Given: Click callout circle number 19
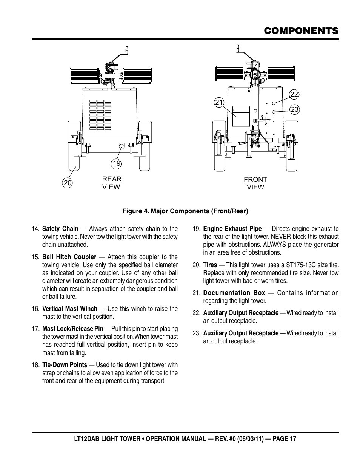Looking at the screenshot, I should [x=116, y=163].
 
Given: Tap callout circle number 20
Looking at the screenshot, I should [x=68, y=183].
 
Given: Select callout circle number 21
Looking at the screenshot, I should [x=219, y=102].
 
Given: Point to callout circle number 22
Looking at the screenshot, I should [x=294, y=94].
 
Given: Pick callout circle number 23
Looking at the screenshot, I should [x=294, y=109].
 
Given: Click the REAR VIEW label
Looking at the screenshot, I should [x=112, y=183].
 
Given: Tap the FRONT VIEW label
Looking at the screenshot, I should [x=255, y=183].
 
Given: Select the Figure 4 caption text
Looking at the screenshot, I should [x=185, y=211].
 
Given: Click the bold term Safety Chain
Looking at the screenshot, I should [x=60, y=229].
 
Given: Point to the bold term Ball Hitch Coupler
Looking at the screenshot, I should [x=69, y=257].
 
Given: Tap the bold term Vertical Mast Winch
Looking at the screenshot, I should [x=70, y=309].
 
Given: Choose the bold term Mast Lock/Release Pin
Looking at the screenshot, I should [x=72, y=329].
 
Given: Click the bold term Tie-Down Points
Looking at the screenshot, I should [x=65, y=365].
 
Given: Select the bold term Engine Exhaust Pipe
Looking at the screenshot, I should [x=232, y=229].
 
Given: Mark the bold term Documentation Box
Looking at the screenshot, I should [x=234, y=293].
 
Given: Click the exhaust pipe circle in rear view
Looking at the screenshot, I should [x=122, y=146].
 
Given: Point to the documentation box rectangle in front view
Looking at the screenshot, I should [x=241, y=116].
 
